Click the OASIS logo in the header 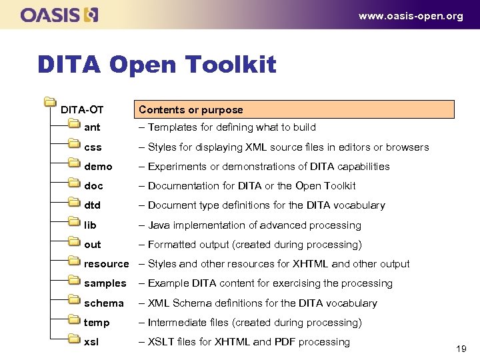(59, 15)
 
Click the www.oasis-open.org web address (411, 16)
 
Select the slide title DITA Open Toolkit (157, 65)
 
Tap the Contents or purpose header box (295, 109)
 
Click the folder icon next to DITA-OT (49, 102)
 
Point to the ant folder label (92, 127)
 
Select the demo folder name (98, 167)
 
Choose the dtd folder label (92, 205)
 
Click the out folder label (92, 245)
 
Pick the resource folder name (106, 264)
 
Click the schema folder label (103, 303)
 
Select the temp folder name (97, 323)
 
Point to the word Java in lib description (159, 225)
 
